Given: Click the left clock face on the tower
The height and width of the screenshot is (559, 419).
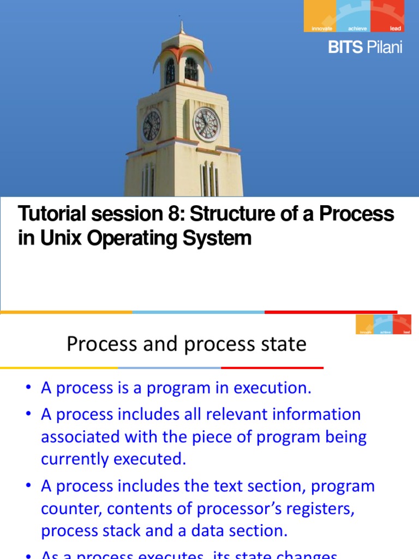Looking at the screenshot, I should [151, 125].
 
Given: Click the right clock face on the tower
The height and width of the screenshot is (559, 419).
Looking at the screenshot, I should [207, 123].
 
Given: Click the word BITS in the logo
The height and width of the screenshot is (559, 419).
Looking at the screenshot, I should [345, 47].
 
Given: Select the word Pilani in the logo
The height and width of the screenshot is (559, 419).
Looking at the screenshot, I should [384, 47].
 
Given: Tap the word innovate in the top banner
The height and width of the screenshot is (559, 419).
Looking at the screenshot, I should [321, 28].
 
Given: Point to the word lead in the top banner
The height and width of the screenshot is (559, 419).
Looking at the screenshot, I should [395, 28].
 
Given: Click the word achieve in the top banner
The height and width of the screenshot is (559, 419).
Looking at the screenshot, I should [358, 28].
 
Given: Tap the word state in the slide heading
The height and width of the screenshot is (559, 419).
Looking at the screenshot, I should [283, 344].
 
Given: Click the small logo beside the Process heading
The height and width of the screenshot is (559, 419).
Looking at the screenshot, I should [384, 324].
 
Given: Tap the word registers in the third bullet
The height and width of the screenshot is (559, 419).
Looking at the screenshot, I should [319, 509].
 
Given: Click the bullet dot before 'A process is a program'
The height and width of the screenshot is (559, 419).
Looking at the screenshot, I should [28, 389].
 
